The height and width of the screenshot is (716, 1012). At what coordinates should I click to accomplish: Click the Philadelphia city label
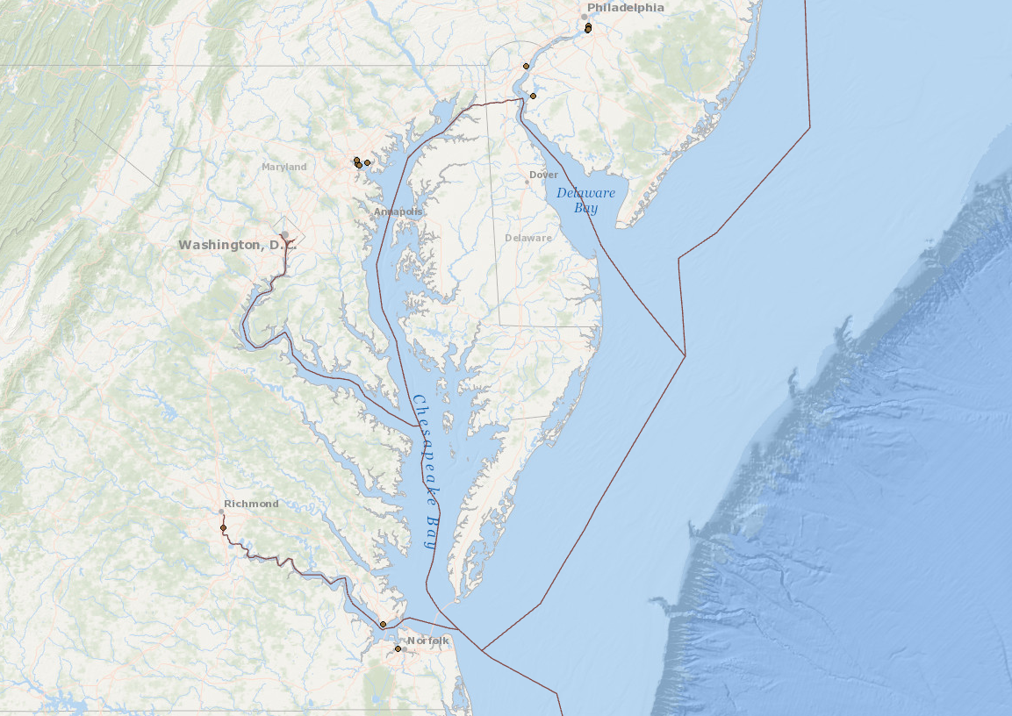pos(626,8)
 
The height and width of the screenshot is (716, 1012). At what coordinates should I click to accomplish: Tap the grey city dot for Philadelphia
pos(584,17)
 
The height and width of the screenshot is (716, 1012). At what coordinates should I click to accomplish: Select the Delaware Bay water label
pos(585,200)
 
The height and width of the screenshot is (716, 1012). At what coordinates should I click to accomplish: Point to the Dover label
pos(543,175)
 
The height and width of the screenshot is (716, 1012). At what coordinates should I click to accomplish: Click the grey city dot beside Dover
pos(528,182)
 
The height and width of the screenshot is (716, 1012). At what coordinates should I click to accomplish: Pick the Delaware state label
pos(528,238)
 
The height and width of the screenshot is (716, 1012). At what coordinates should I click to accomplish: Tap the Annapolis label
pos(398,211)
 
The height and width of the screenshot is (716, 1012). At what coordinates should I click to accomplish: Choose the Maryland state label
pos(284,167)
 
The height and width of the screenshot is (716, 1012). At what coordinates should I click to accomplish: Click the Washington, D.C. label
pos(233,245)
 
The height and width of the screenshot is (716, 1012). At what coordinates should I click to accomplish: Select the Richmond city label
pos(251,504)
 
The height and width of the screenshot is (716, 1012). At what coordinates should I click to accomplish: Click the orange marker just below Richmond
pos(223,527)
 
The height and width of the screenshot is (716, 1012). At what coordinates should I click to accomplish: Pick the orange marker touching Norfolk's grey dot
pos(398,649)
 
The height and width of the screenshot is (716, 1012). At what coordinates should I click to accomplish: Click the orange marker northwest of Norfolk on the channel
pos(383,624)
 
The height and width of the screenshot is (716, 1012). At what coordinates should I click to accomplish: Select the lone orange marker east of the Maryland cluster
pos(367,162)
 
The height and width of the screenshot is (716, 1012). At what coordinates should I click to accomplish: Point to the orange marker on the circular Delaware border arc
pos(526,66)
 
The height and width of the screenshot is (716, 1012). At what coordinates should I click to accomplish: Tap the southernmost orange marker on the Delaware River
pos(533,96)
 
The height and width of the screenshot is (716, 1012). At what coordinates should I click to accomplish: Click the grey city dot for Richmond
pos(221,511)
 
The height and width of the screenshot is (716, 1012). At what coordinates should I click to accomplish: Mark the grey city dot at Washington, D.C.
pos(284,234)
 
